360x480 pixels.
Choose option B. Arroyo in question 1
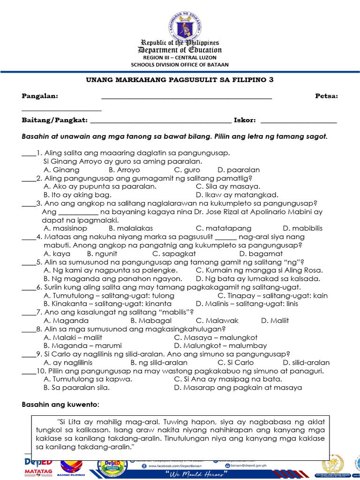click(x=124, y=170)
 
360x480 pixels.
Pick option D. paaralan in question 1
click(x=239, y=170)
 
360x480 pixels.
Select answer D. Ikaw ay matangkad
click(x=237, y=195)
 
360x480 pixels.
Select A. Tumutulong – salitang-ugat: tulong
click(x=109, y=296)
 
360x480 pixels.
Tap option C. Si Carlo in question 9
click(x=236, y=362)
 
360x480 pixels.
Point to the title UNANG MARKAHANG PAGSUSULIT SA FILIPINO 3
click(x=180, y=80)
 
